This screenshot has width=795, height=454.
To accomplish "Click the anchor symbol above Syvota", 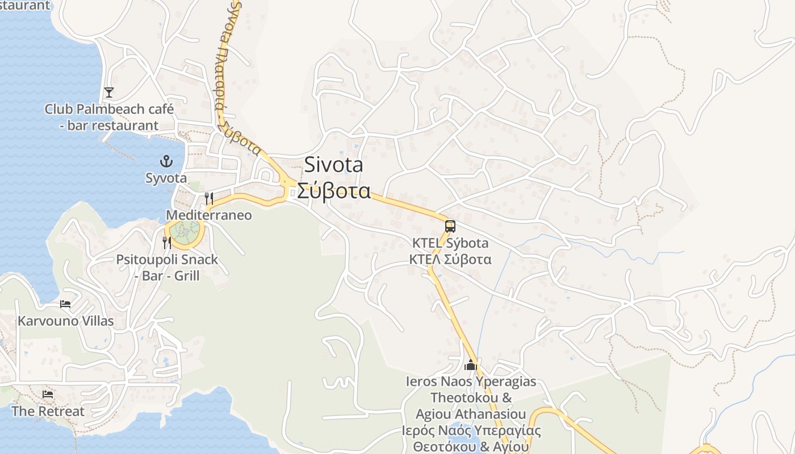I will tap(166, 161).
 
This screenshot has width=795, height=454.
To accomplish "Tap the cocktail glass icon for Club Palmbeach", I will tap(109, 92).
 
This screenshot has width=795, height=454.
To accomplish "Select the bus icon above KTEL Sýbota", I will tap(450, 226).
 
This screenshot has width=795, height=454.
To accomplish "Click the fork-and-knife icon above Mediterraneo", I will tap(209, 198).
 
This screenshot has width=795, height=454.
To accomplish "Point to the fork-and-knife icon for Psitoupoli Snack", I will tap(167, 243).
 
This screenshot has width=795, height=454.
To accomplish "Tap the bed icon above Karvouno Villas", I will tap(65, 304).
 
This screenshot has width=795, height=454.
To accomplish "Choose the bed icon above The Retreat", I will tap(48, 394).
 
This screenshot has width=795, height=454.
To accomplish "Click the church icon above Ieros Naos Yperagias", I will tap(470, 365).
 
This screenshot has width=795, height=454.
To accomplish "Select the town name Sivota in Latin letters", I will tap(333, 165).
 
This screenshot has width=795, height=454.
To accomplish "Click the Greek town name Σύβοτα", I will tap(334, 191).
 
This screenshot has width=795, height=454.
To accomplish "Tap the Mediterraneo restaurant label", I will tap(208, 216).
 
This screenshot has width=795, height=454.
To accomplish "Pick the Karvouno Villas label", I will tap(65, 321).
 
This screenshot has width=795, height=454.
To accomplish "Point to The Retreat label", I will tap(48, 411).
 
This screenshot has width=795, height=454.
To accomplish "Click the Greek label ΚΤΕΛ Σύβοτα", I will tap(450, 259).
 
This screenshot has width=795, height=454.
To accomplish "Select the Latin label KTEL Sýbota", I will tap(450, 243).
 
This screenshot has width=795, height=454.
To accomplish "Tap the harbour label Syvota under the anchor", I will tap(166, 178).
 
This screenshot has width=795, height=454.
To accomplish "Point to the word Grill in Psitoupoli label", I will tap(187, 276).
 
